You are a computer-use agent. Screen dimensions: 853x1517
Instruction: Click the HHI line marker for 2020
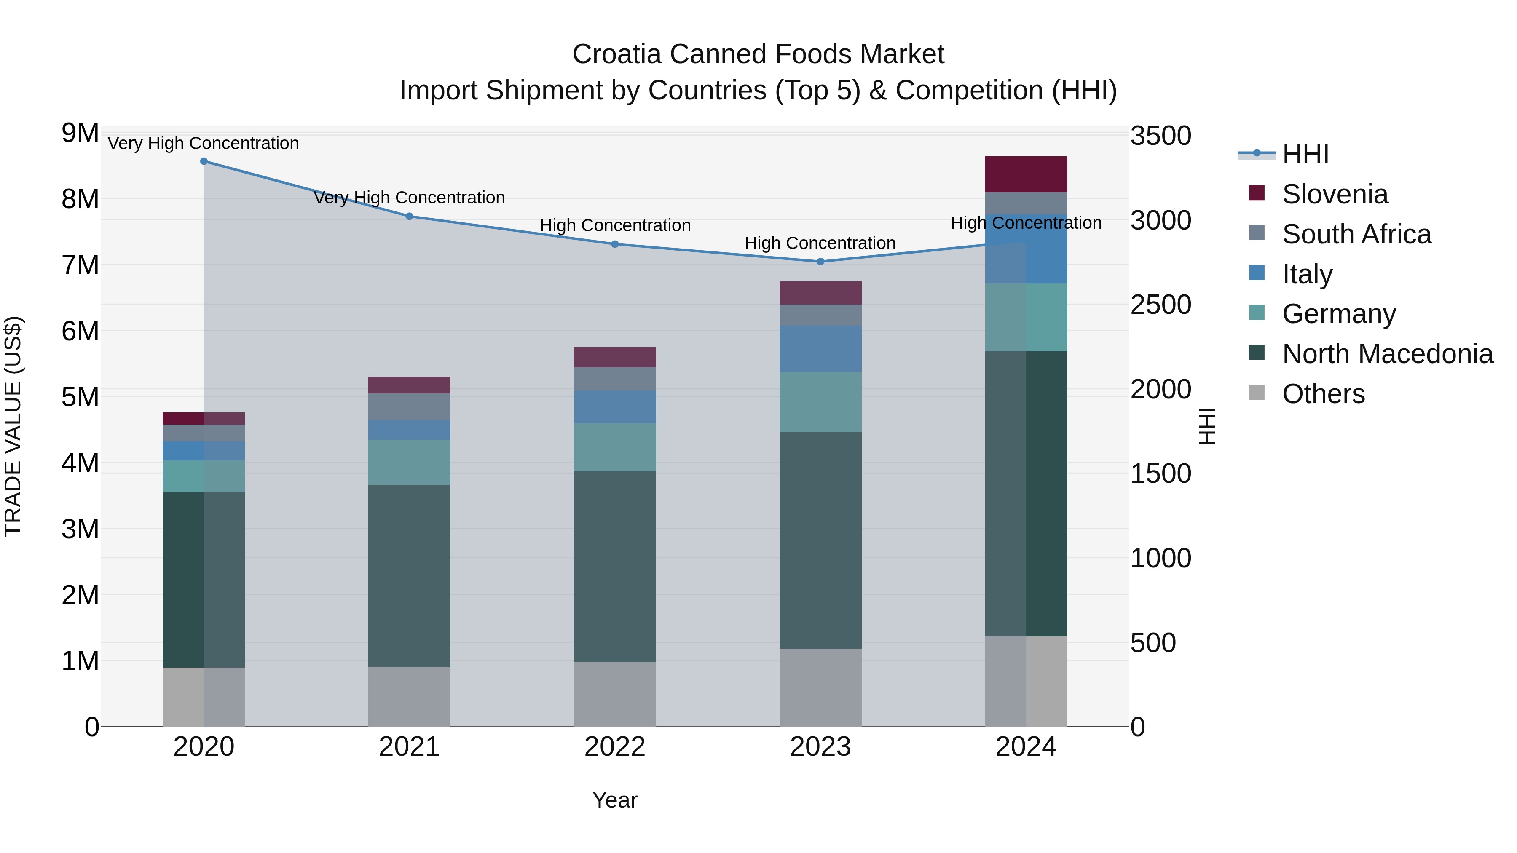(x=204, y=161)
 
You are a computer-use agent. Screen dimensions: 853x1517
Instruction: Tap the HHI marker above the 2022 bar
(x=615, y=244)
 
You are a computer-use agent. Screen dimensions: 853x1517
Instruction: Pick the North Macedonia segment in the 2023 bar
(x=820, y=540)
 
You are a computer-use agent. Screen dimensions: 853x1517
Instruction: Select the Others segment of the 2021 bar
(x=409, y=696)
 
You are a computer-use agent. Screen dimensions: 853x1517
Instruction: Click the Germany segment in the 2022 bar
(x=615, y=447)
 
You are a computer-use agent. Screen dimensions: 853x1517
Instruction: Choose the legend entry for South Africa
(x=1356, y=234)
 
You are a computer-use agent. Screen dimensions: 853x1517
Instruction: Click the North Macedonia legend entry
(x=1387, y=354)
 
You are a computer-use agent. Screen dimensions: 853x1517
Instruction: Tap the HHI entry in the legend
(x=1305, y=154)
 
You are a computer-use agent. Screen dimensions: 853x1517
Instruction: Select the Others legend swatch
(x=1257, y=393)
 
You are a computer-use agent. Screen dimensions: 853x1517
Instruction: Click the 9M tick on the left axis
(x=80, y=133)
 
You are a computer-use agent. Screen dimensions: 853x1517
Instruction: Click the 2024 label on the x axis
(x=1026, y=747)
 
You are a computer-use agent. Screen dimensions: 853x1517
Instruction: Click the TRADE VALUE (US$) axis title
(x=13, y=426)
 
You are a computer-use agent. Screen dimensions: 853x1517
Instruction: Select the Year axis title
(x=615, y=800)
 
